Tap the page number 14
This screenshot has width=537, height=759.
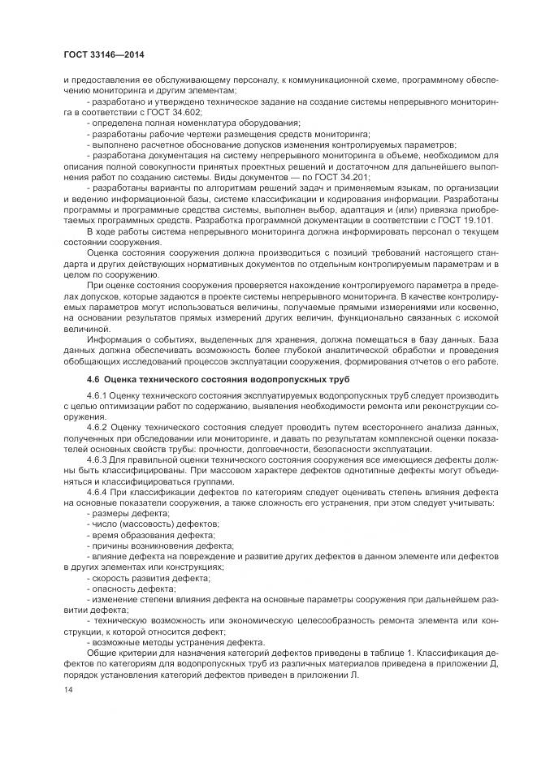68,689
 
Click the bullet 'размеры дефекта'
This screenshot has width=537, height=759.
127,514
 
